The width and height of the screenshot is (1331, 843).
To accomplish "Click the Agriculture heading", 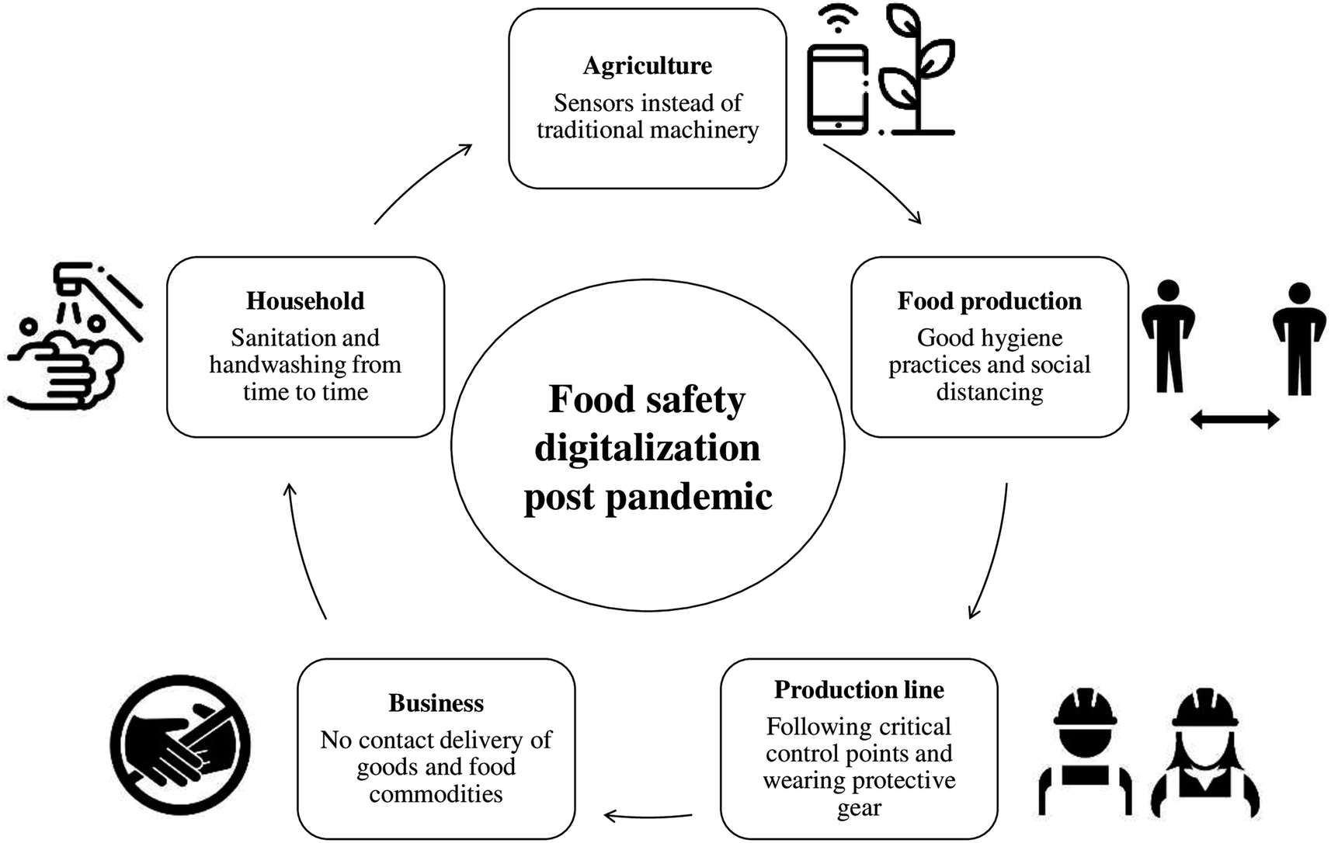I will (647, 66).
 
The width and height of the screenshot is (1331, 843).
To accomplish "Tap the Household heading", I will (305, 301).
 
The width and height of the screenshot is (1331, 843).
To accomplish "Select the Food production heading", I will (989, 301).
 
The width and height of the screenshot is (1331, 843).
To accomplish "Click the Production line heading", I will (859, 689).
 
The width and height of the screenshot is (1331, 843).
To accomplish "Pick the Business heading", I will (436, 703).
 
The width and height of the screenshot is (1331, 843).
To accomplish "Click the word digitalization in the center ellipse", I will (647, 449).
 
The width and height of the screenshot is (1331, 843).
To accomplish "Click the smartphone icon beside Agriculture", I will (837, 89).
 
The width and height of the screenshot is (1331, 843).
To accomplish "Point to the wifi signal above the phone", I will (837, 19).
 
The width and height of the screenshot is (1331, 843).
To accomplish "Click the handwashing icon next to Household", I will (74, 338).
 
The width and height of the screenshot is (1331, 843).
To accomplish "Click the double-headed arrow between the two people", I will (1235, 420).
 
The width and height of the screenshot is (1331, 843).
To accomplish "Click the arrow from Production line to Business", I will (648, 816).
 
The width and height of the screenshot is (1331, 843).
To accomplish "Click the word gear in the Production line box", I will (859, 809).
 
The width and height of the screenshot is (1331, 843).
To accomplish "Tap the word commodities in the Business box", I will (436, 794).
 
